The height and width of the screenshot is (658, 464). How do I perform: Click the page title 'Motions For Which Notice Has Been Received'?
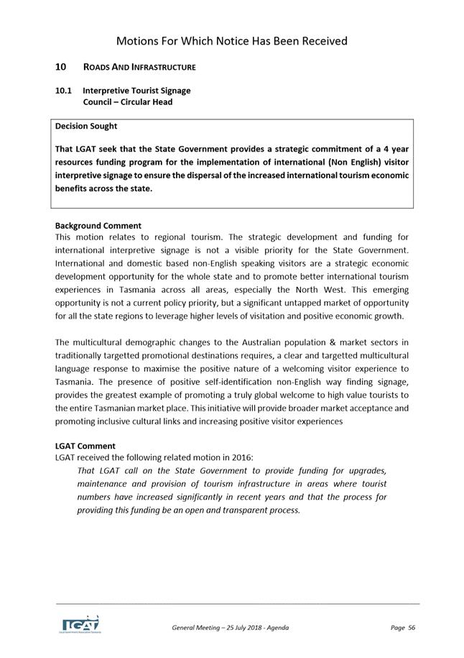231,41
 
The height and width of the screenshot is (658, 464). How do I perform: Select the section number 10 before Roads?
61,67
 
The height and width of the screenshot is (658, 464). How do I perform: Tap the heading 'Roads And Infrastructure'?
139,67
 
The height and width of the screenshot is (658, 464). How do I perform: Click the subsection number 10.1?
63,91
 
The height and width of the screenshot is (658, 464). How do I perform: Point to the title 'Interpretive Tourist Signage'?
136,91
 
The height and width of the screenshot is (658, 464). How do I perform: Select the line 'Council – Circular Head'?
127,101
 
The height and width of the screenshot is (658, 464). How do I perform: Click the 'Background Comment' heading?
98,225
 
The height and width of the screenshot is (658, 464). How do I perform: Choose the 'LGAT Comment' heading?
85,446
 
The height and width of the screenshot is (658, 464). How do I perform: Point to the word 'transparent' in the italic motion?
226,510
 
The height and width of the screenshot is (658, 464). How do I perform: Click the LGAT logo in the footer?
80,623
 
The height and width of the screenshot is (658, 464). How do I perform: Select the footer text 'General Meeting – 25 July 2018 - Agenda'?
230,628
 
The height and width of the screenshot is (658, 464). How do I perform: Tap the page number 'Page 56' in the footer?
403,628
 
